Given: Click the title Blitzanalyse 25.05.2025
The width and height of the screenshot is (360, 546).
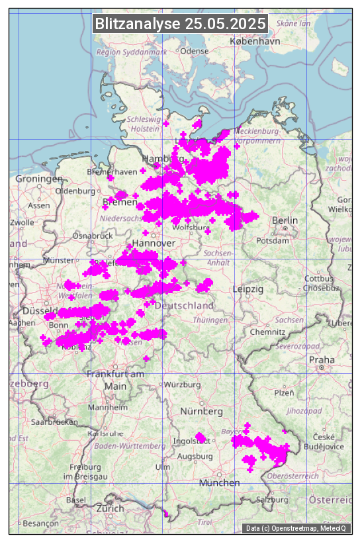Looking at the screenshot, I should click(x=180, y=24).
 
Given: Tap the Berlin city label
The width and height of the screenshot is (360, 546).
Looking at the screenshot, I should click(x=285, y=220).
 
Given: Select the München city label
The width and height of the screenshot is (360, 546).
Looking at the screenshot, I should click(x=219, y=483).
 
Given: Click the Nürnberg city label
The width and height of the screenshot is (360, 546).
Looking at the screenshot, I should click(x=201, y=412).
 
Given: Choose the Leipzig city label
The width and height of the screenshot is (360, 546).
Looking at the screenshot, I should click(x=248, y=289).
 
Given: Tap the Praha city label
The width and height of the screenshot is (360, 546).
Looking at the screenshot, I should click(x=321, y=359).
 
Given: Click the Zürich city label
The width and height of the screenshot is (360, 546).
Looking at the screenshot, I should click(x=110, y=508).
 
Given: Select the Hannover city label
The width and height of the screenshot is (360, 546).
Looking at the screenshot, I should click(x=154, y=243).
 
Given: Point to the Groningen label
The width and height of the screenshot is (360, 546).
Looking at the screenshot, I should click(x=39, y=179).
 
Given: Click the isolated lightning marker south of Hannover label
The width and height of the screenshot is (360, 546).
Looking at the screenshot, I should click(x=146, y=233).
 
